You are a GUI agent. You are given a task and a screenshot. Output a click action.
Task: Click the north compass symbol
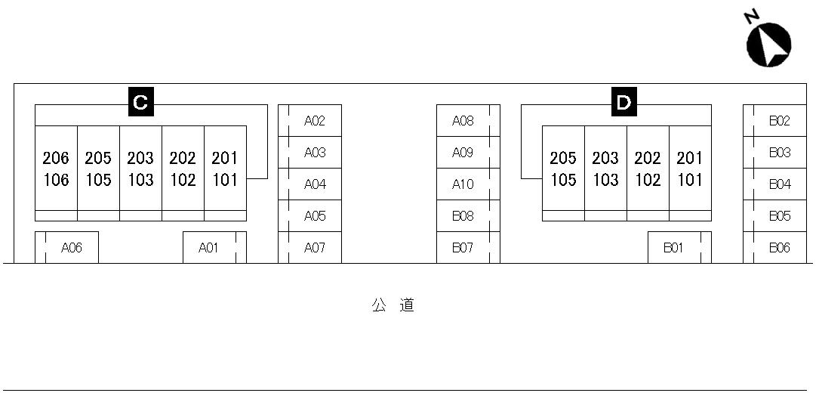(x=768, y=42)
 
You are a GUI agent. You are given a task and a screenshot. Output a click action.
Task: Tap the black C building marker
(x=140, y=102)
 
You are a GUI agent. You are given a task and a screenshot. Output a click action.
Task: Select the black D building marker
(x=623, y=102)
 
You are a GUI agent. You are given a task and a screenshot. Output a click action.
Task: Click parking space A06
(x=67, y=248)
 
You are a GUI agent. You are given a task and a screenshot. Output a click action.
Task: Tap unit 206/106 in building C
(x=56, y=169)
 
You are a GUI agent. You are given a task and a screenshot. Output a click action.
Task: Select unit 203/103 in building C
(x=140, y=169)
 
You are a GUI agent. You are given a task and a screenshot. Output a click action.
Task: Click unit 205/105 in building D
(x=563, y=169)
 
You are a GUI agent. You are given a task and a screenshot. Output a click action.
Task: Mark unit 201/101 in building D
(x=690, y=169)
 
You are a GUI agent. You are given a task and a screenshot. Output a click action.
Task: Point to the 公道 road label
(x=393, y=306)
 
